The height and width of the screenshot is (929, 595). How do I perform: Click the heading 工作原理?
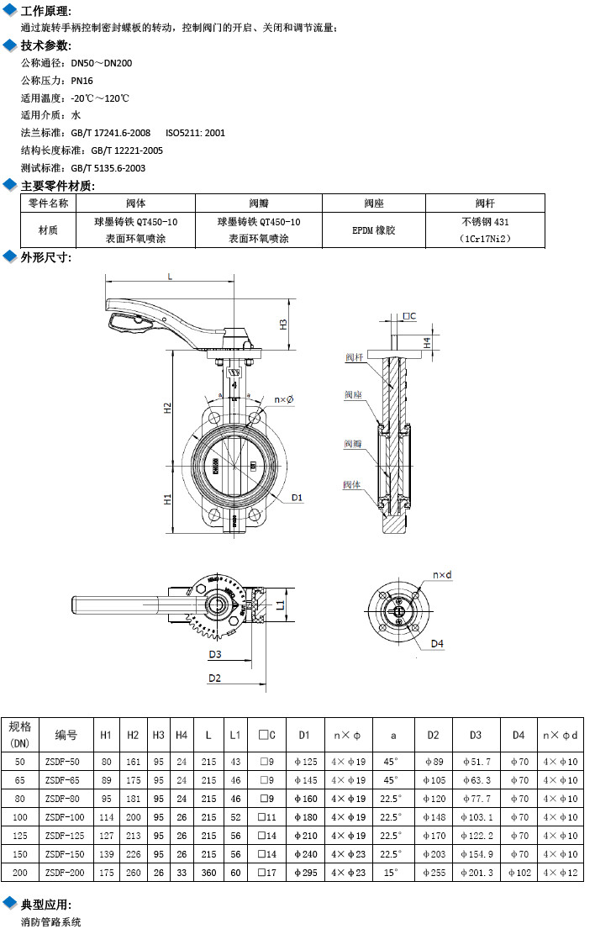tap(45, 11)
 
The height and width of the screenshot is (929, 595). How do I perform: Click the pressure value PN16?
tap(82, 81)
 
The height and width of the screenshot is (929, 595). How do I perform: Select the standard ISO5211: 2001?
tap(195, 133)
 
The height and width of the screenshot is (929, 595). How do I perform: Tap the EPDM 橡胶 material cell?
tap(373, 230)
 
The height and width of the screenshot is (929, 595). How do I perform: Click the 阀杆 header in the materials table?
tap(485, 203)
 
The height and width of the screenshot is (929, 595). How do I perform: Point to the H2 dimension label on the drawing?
tap(168, 408)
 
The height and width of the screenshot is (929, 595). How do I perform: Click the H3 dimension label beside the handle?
tap(283, 324)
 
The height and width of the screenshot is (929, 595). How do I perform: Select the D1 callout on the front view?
tap(297, 498)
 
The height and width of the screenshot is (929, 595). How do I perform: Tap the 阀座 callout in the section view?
tap(353, 395)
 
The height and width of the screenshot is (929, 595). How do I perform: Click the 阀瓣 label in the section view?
tap(353, 443)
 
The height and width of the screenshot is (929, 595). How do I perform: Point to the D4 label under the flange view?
tap(437, 644)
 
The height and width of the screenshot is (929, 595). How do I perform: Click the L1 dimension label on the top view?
tap(281, 604)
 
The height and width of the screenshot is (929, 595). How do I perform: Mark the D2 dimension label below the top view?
tap(215, 678)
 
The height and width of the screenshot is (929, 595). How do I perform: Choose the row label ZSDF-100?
tap(66, 817)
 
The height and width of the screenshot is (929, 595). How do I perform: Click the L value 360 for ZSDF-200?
tap(208, 873)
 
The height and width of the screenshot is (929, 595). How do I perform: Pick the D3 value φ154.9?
tap(476, 854)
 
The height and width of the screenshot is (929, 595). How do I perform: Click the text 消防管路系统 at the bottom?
tap(51, 921)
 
